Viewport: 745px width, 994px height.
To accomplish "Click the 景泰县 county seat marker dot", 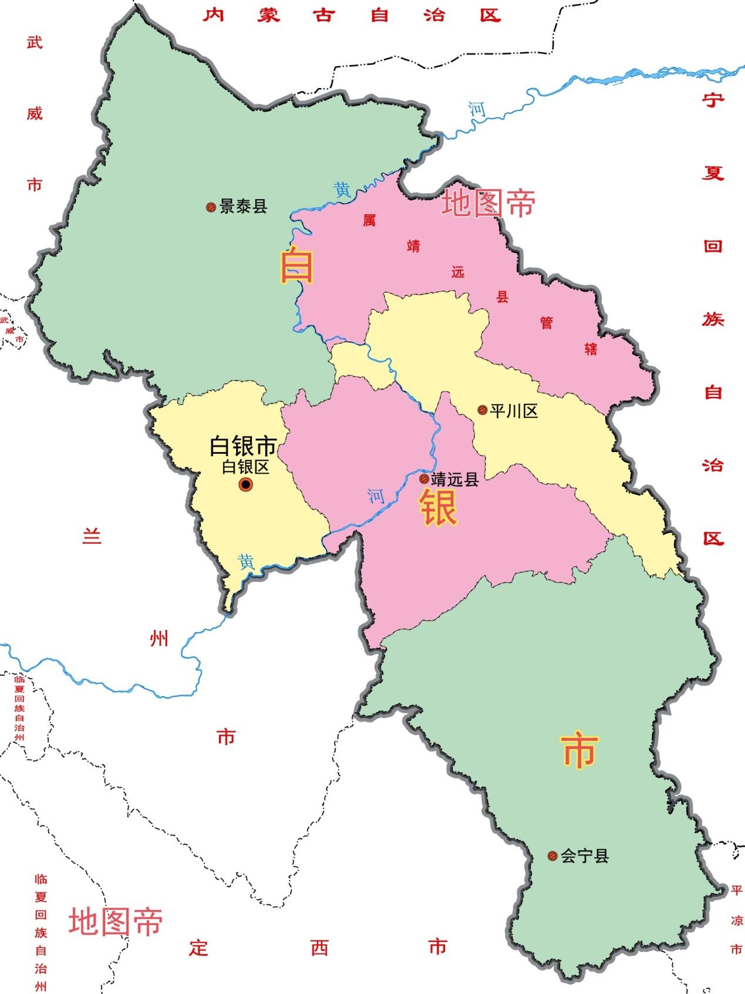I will (211, 207).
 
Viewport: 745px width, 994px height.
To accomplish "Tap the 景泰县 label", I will (244, 207).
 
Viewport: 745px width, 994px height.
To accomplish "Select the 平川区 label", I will (514, 411).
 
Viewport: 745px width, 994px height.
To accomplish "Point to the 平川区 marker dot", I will (482, 410).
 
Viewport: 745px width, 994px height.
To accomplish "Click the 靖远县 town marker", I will (423, 479).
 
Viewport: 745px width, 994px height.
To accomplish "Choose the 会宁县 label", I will (585, 856).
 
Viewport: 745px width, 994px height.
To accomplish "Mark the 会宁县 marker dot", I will (552, 856).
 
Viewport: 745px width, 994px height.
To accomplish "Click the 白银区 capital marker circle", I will (245, 484).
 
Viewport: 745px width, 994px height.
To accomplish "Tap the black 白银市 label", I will (243, 447).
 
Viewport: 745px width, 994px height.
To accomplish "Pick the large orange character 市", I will (580, 751).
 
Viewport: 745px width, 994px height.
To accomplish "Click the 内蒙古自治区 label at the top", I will (352, 15).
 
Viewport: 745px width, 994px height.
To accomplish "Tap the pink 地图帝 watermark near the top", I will (488, 203).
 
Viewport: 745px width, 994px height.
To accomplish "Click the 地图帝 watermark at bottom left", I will (116, 921).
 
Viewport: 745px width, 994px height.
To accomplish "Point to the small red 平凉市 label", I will (736, 920).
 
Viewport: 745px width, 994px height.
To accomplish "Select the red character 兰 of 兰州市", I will (92, 536).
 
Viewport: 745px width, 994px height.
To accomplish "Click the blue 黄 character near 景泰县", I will (342, 190).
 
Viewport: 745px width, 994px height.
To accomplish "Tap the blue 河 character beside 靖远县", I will (376, 497).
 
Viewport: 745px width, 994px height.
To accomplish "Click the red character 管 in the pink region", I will (546, 322).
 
